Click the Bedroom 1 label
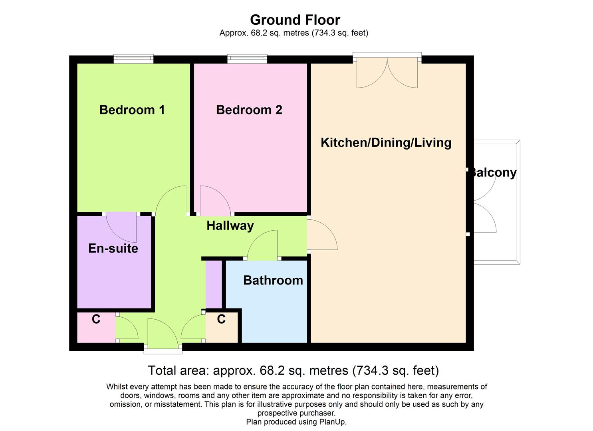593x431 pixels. point(132,110)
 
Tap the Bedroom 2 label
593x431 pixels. point(249,110)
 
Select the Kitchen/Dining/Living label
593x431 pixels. point(386,142)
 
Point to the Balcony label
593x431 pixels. point(493,172)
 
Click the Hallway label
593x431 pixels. point(230,225)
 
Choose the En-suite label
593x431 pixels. point(113,248)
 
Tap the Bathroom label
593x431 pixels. point(273,280)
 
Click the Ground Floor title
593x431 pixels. point(295,20)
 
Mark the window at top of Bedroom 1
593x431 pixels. point(133,59)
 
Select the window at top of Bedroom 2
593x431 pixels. point(247,59)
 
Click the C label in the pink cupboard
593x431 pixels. point(96,319)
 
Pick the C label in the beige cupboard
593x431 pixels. point(221,319)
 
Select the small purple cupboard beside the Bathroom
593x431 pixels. point(214,284)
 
